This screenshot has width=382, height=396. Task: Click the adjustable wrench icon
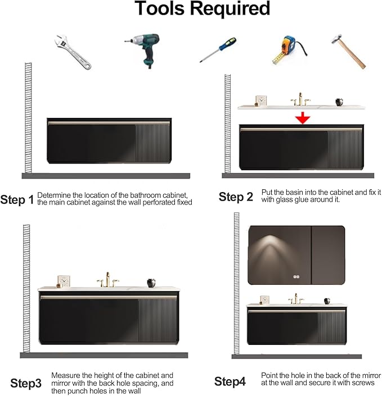tap(73, 52)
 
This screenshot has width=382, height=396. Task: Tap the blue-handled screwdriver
tap(218, 49)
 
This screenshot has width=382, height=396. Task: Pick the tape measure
tap(289, 49)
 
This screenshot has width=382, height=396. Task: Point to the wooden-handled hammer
tap(349, 51)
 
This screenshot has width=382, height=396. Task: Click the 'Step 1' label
tap(17, 200)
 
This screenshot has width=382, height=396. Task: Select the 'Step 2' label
tap(236, 197)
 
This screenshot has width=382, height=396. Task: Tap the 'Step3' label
tap(26, 384)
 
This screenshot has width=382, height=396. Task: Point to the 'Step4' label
tap(230, 381)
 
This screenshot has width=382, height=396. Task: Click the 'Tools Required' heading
tap(203, 8)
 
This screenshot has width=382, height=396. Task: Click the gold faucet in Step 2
tap(300, 99)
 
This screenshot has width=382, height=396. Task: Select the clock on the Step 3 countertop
tap(63, 281)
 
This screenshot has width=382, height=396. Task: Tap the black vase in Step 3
tap(151, 283)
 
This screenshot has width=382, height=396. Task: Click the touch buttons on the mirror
tap(296, 277)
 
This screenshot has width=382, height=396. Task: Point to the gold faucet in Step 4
tap(296, 299)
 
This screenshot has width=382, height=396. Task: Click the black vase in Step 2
tap(339, 102)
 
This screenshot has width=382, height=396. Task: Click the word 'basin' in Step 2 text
tap(299, 193)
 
